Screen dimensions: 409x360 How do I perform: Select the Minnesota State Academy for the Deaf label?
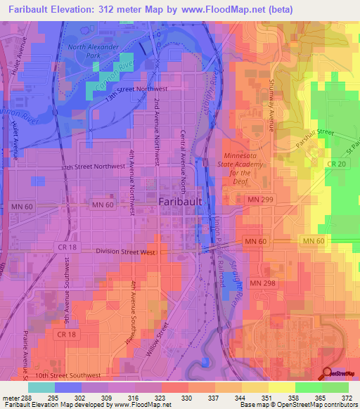pyautogui.click(x=245, y=168)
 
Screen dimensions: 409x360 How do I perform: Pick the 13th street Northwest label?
pyautogui.click(x=139, y=91)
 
